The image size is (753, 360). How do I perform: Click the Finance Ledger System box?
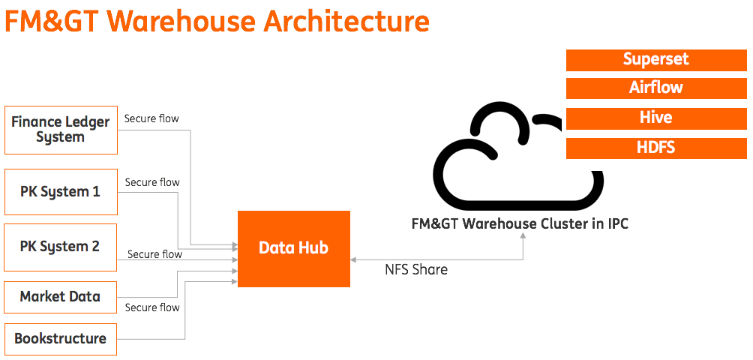[61, 130]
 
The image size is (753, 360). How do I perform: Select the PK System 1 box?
[61, 192]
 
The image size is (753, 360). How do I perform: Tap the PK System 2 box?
[61, 247]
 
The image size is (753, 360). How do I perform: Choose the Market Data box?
[61, 297]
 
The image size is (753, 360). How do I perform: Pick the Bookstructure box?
[61, 338]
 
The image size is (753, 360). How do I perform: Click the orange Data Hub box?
[293, 248]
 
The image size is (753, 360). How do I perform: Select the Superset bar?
[655, 60]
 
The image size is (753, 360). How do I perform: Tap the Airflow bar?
[655, 88]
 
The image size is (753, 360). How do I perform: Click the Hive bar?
[655, 118]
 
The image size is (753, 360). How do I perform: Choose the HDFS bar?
[655, 148]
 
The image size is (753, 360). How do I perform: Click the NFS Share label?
[416, 270]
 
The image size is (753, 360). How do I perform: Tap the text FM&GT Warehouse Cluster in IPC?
[520, 223]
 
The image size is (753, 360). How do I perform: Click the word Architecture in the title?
[346, 20]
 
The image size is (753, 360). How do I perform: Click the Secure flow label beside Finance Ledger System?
[151, 118]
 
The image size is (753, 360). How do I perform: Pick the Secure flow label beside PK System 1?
[152, 182]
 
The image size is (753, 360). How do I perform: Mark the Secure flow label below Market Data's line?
[152, 307]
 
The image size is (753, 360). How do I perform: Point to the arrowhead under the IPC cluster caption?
[523, 235]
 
